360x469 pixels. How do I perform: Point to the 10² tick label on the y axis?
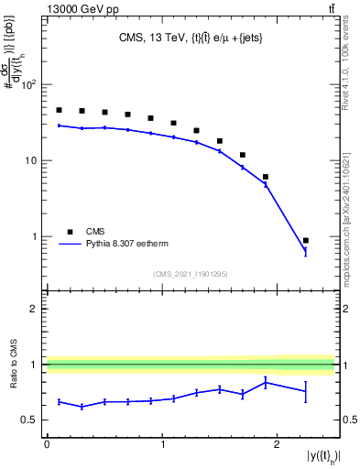[29, 85]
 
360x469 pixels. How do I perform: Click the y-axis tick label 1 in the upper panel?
[36, 237]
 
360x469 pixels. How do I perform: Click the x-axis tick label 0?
[47, 444]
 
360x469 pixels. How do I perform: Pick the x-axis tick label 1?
[162, 444]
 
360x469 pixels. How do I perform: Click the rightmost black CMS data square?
[306, 241]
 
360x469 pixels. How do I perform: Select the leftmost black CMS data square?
[59, 110]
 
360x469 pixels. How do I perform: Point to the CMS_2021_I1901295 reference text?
[190, 274]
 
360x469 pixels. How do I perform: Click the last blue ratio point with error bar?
[306, 391]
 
